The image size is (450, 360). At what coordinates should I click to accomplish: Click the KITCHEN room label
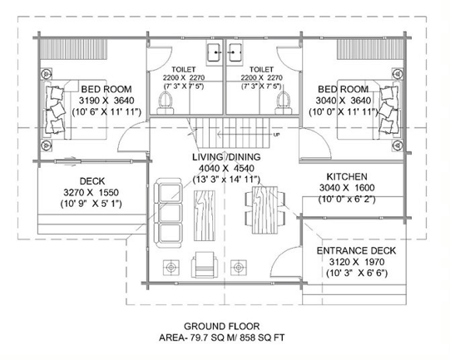(x=347, y=176)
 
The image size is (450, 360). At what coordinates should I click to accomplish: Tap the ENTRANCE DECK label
(x=356, y=251)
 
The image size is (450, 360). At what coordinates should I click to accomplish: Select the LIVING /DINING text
(x=226, y=157)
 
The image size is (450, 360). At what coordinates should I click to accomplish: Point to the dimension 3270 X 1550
(x=91, y=192)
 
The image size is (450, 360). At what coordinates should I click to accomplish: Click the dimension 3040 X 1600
(x=347, y=188)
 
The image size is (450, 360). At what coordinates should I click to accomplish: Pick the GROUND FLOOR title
(x=221, y=327)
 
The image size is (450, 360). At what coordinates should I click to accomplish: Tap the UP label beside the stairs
(x=277, y=135)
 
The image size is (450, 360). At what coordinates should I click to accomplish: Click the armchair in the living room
(x=205, y=264)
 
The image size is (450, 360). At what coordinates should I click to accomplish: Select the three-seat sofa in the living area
(x=168, y=213)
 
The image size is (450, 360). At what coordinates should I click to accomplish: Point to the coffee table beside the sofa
(x=205, y=215)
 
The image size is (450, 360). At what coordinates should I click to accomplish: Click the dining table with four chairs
(x=265, y=210)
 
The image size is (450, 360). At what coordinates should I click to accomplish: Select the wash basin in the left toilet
(x=214, y=52)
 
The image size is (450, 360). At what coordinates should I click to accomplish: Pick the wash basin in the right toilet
(x=235, y=52)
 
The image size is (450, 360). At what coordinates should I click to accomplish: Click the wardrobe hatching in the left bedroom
(x=74, y=49)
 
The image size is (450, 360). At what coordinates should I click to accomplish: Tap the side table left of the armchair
(x=171, y=268)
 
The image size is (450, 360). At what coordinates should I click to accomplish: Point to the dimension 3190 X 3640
(x=106, y=101)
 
